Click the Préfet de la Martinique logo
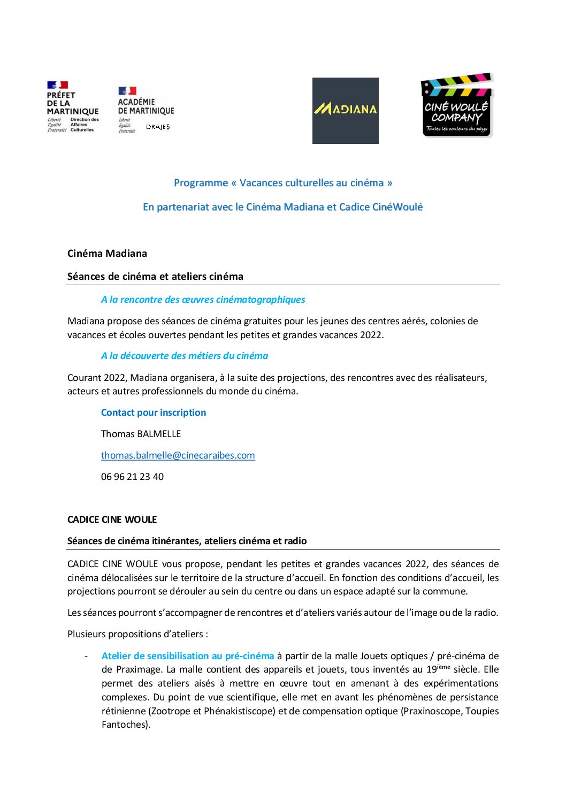click(x=73, y=107)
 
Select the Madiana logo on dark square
click(x=346, y=110)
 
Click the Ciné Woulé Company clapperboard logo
click(x=457, y=106)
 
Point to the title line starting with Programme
click(x=283, y=183)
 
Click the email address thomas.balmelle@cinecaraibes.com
click(x=178, y=455)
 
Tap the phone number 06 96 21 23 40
click(x=132, y=477)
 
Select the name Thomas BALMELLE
click(x=141, y=434)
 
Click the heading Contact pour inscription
click(x=154, y=413)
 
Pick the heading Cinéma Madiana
click(x=107, y=254)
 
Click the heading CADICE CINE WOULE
click(x=112, y=520)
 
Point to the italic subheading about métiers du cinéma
click(x=185, y=356)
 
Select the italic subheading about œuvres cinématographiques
click(x=203, y=300)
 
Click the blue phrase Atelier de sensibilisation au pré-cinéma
click(x=188, y=656)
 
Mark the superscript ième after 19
click(x=444, y=667)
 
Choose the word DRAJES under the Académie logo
click(x=158, y=127)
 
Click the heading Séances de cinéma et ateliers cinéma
click(x=155, y=277)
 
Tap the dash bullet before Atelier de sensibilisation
click(x=86, y=656)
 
